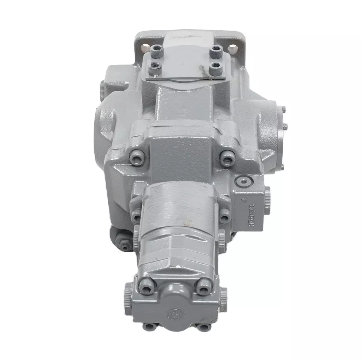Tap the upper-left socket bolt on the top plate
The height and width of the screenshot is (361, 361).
tap(157, 51)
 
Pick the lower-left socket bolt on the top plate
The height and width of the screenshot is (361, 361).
tap(155, 68)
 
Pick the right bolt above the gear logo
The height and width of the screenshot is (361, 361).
tap(203, 287)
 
